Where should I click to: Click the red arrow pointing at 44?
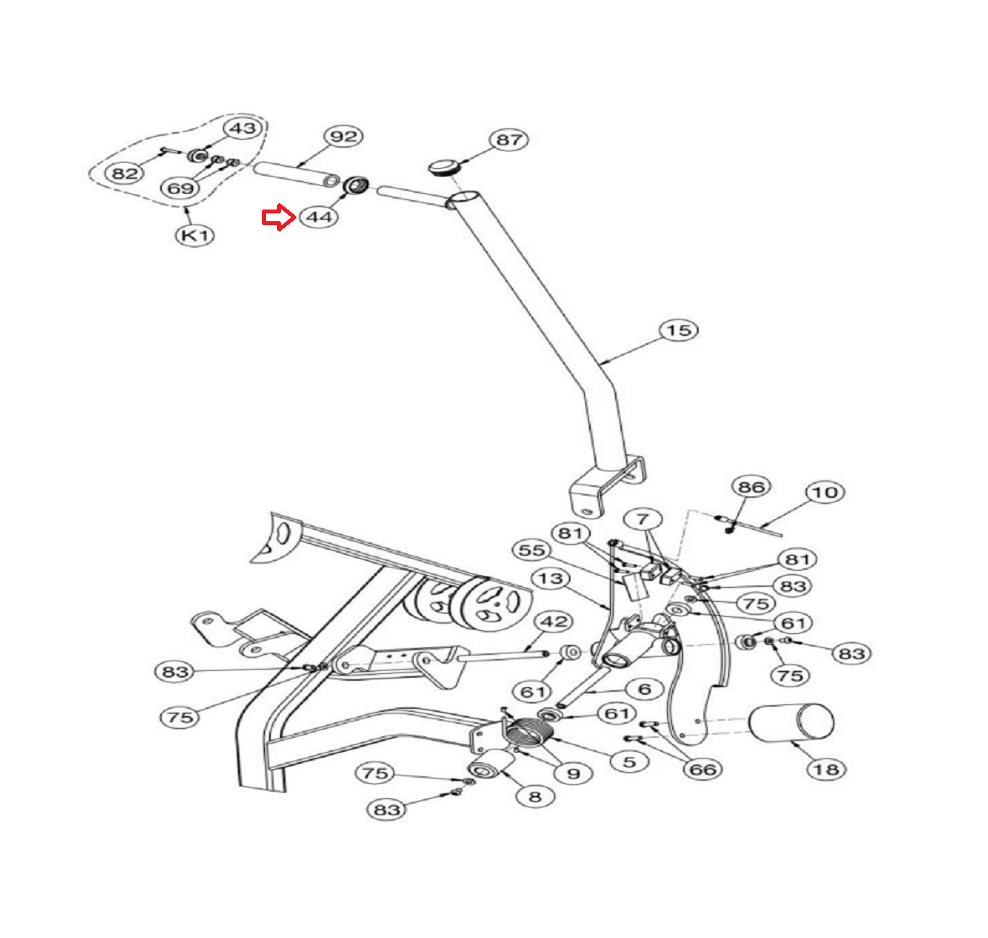(277, 218)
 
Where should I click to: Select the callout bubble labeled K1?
(194, 234)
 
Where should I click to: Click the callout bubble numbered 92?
(343, 136)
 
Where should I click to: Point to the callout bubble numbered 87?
(508, 140)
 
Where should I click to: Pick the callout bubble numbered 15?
(678, 330)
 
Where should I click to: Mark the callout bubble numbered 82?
(125, 173)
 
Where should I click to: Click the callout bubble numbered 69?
(181, 188)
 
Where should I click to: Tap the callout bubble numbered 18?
(826, 769)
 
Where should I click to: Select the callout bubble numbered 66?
(702, 769)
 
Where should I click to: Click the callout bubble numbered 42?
(554, 622)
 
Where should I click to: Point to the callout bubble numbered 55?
(532, 550)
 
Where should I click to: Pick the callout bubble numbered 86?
(751, 487)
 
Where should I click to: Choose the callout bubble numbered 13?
(551, 578)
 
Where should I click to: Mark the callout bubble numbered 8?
(535, 797)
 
